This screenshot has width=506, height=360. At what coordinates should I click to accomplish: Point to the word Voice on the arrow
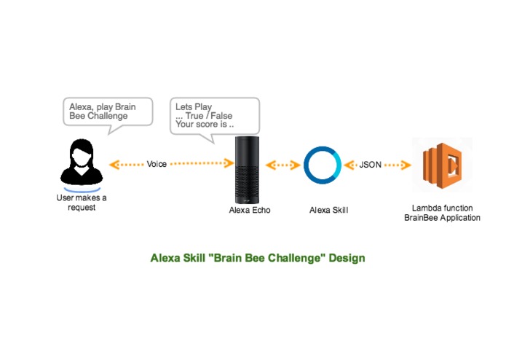(157, 165)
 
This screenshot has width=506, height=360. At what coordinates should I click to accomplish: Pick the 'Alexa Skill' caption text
(328, 210)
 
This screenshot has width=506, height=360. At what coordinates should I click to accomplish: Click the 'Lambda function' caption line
(442, 208)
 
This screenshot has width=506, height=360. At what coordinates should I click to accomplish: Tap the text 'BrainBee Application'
(442, 217)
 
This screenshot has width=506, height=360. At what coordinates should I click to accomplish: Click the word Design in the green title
(347, 258)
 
